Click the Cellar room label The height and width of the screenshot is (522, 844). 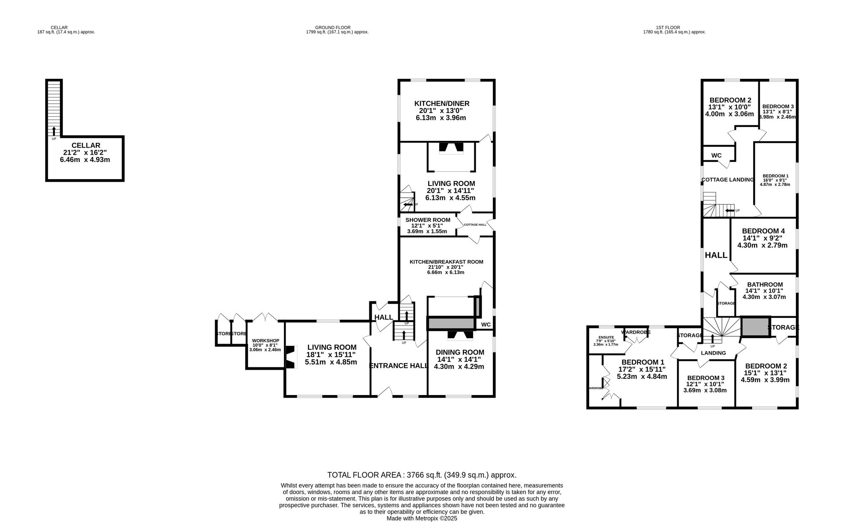coord(86,145)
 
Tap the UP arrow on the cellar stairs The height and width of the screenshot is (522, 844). coord(54,131)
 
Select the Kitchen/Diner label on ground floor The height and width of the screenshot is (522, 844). coord(441,104)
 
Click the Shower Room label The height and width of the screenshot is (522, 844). coord(427,220)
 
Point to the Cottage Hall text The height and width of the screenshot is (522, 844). coord(475,225)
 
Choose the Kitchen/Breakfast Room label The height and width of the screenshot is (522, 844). coord(446,262)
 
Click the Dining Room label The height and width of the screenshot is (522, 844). coord(460,352)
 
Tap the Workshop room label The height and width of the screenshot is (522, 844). coord(265,341)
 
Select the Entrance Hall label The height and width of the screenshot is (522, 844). coord(398,366)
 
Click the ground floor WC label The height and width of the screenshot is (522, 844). coord(486,325)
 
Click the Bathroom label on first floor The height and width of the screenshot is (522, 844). coord(764,285)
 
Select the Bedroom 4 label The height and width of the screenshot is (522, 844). coord(763,231)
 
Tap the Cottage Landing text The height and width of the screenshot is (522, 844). coord(727,180)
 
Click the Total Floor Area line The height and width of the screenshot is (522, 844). coord(422,475)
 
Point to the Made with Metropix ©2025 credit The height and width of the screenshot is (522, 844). coord(422,519)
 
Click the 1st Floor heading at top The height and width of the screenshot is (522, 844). coord(674,27)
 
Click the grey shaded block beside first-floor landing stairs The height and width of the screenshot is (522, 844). coord(755,327)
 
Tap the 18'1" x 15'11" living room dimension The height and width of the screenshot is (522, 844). coord(331,355)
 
